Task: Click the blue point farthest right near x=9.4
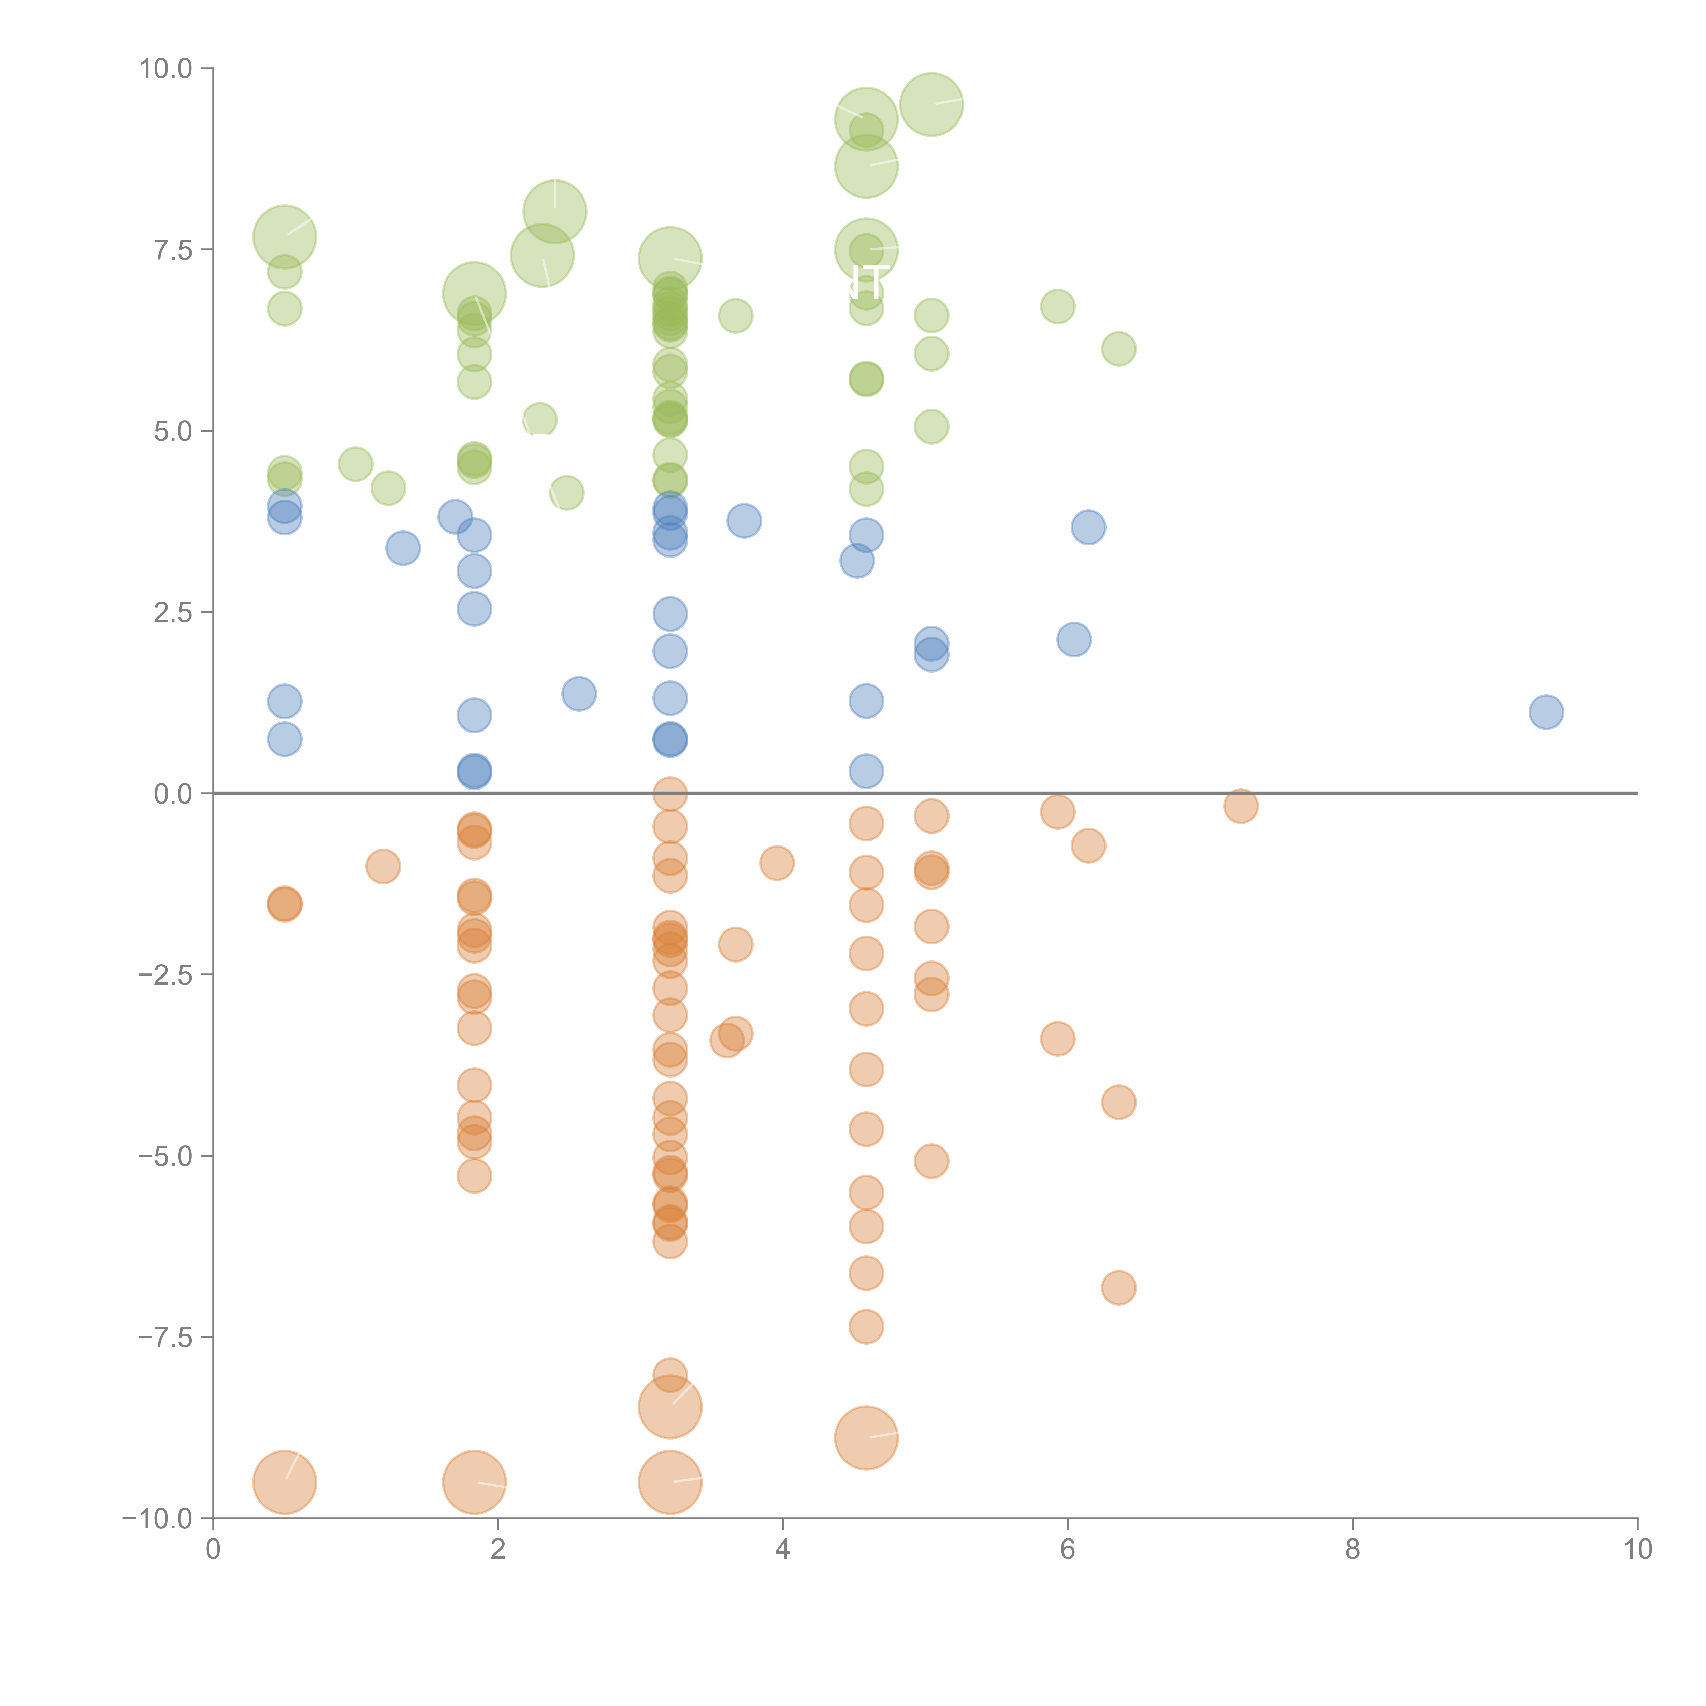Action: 1545,712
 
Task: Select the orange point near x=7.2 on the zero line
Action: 1241,805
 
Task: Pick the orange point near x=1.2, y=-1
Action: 382,866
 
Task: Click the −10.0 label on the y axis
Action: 157,1519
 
